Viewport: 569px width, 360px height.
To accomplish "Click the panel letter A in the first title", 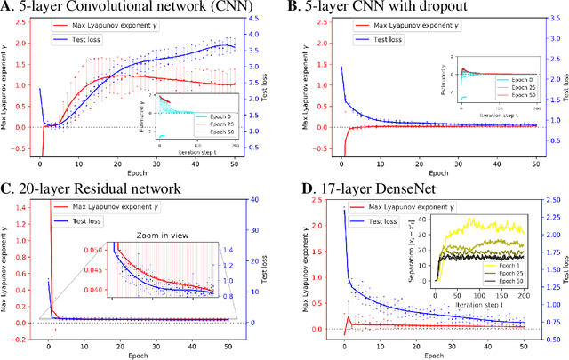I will (7, 7).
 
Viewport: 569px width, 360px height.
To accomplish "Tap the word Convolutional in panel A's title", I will (116, 7).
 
